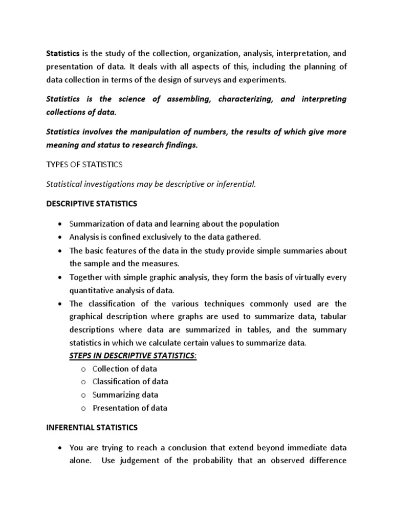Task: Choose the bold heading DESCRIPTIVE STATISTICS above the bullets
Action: pyautogui.click(x=92, y=204)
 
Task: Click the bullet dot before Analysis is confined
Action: pyautogui.click(x=60, y=237)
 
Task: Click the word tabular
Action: pyautogui.click(x=333, y=317)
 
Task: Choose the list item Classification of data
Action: pyautogui.click(x=130, y=382)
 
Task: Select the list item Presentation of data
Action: pyautogui.click(x=129, y=408)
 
